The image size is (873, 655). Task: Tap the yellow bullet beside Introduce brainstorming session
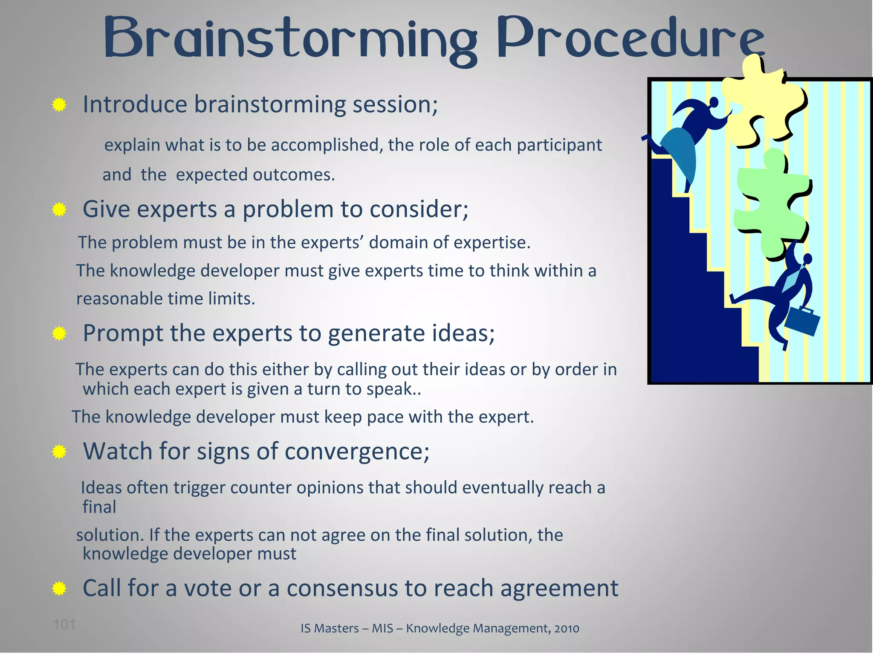pyautogui.click(x=59, y=104)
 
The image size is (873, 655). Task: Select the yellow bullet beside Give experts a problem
pyautogui.click(x=59, y=209)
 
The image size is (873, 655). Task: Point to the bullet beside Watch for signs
pyautogui.click(x=59, y=452)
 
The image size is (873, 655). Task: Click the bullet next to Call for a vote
pyautogui.click(x=59, y=589)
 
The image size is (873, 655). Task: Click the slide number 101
pyautogui.click(x=64, y=625)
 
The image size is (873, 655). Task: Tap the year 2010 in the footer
pyautogui.click(x=567, y=629)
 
